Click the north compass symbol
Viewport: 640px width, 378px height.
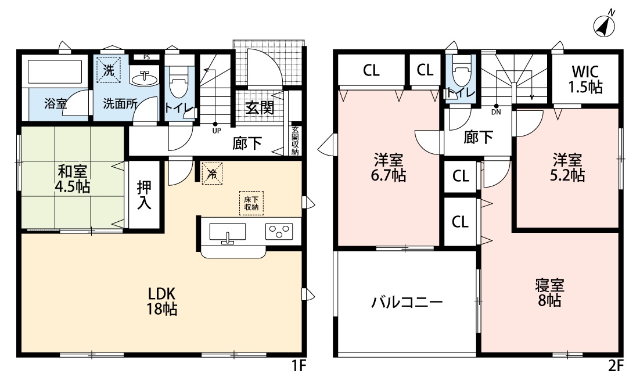[605, 24]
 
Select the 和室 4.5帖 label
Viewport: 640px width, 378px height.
[73, 179]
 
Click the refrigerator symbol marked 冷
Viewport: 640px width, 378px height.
[212, 172]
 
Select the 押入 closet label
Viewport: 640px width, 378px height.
[145, 195]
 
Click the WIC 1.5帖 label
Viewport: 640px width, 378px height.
[585, 80]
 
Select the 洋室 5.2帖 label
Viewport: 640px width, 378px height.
[568, 167]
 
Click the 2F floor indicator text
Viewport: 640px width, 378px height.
[616, 366]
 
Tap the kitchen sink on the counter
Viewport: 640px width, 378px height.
[227, 233]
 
